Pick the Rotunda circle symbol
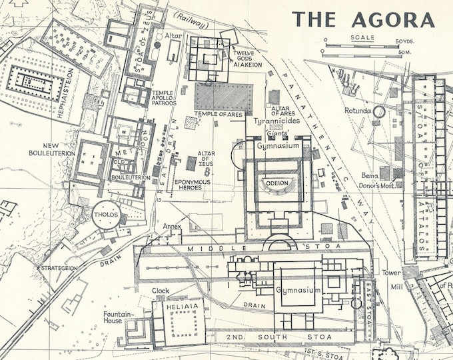pos(379,111)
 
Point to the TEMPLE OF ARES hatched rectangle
pos(224,98)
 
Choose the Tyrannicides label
pos(277,121)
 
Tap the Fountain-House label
pos(119,317)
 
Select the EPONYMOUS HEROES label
pos(192,185)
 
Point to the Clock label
pos(161,291)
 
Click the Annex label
pos(172,226)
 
